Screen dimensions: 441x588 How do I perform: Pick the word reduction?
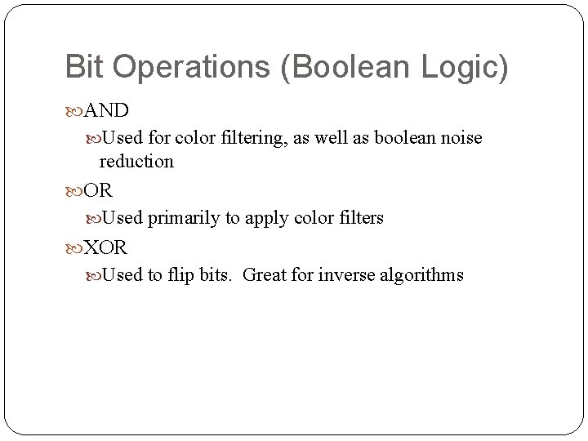coord(136,161)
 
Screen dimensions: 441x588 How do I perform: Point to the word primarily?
coord(180,218)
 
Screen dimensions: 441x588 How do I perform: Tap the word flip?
coord(183,274)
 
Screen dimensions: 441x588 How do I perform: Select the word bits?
coord(217,274)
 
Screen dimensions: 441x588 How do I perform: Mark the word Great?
coord(265,274)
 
